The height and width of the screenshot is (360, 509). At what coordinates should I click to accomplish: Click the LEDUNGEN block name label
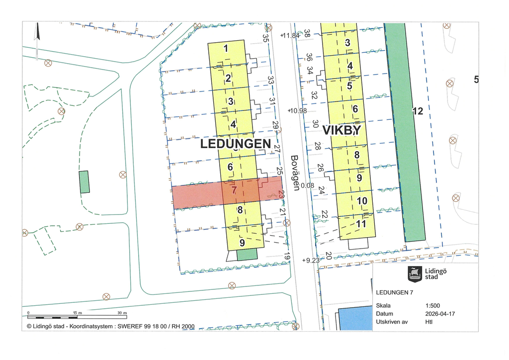[236, 144]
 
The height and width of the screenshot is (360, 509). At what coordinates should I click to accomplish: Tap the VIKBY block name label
[341, 130]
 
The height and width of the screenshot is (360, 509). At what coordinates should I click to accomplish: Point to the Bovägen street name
[295, 173]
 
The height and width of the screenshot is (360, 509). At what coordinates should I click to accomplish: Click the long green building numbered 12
[405, 134]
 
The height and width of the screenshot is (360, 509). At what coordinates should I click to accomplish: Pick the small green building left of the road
[85, 182]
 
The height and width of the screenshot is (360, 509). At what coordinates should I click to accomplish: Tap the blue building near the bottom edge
[355, 318]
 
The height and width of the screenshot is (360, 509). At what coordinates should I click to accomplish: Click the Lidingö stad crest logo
[415, 273]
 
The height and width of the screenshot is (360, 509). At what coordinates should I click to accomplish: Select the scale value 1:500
[432, 306]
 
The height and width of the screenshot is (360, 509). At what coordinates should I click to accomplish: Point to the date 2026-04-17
[440, 314]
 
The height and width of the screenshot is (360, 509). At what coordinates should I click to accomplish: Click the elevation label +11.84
[290, 36]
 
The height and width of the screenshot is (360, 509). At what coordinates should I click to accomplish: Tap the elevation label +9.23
[311, 260]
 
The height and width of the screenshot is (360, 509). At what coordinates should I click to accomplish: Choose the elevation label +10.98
[297, 110]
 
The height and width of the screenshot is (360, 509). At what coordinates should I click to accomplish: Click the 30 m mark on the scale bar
[122, 312]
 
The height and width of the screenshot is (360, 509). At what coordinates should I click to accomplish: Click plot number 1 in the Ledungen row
[226, 49]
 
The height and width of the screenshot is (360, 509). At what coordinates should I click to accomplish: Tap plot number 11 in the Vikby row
[361, 224]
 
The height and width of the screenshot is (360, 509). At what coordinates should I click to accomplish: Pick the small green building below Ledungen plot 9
[247, 255]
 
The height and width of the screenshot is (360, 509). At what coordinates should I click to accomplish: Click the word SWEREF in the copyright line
[130, 327]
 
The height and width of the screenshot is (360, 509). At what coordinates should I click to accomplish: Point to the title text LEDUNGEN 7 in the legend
[395, 292]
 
